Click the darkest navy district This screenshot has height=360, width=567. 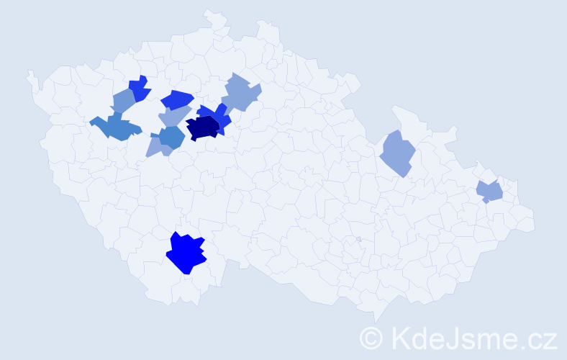point(203,128)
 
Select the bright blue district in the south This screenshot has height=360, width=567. point(186,253)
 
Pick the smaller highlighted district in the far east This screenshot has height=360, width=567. point(490,192)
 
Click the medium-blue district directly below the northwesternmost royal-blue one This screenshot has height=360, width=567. point(124,102)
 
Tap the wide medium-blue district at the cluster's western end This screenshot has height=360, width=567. point(114,127)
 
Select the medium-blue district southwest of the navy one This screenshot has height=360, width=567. point(171,137)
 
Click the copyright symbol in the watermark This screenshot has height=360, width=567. point(371,338)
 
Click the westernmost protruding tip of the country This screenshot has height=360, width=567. point(29,73)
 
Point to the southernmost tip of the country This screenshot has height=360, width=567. point(376,321)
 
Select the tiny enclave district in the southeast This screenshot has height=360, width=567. point(358,239)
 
